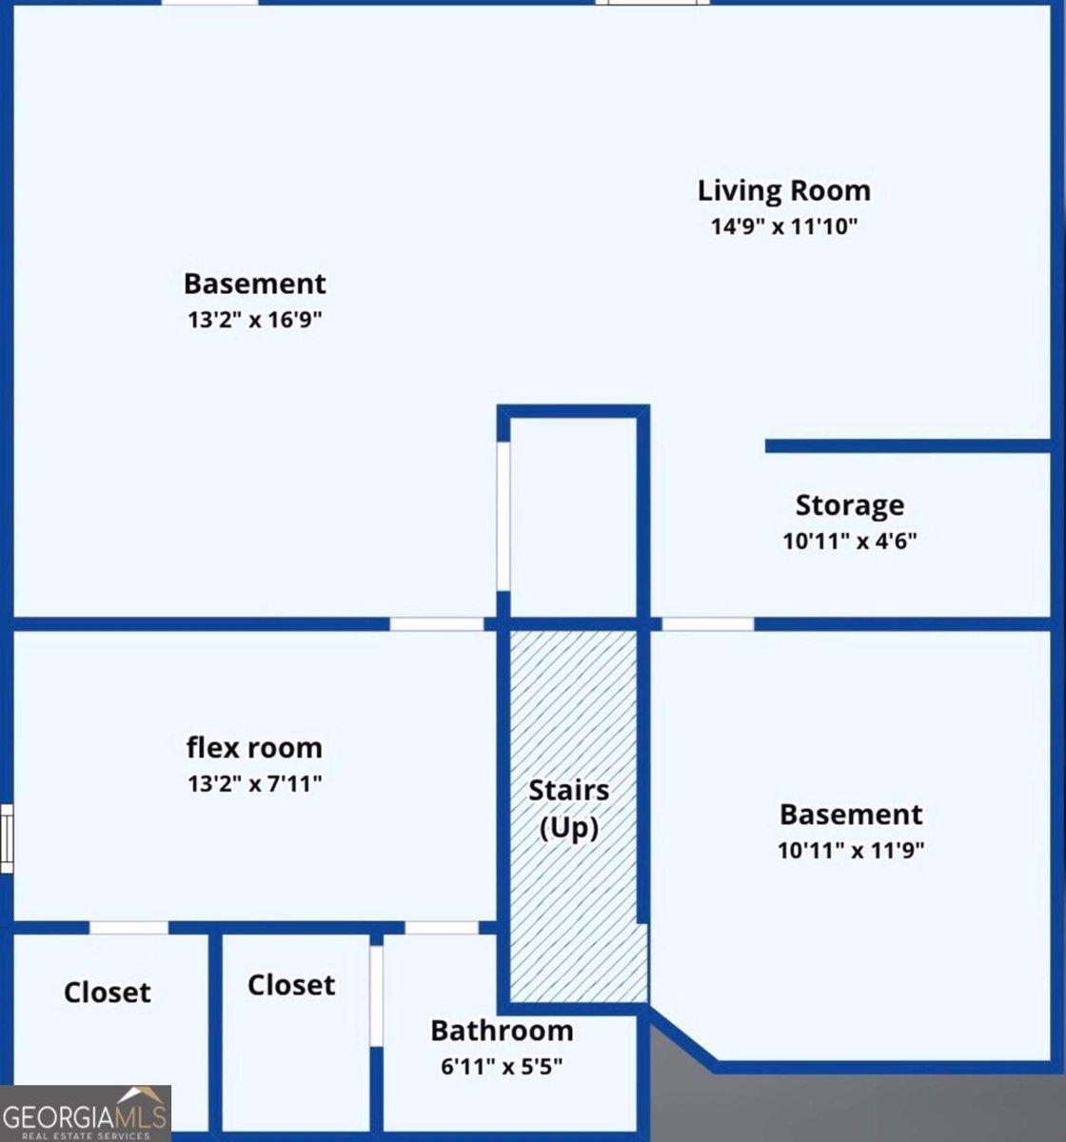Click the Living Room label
pos(783,190)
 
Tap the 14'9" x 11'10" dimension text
pos(784,226)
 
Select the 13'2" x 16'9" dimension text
pos(254,319)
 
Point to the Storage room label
pos(849,505)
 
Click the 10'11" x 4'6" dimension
pos(849,541)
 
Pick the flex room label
pos(254,748)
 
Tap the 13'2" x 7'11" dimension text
pos(254,784)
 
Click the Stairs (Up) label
pos(569,808)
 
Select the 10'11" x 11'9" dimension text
pos(851,850)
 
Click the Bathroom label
pos(502,1031)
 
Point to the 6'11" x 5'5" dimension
pos(502,1066)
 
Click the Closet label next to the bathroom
pos(291,985)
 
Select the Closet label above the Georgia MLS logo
pos(107,993)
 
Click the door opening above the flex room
pos(437,624)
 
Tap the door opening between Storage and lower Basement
pos(707,624)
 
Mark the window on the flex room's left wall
pos(7,837)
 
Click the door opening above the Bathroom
pos(442,927)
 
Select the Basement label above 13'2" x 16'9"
pos(254,284)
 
